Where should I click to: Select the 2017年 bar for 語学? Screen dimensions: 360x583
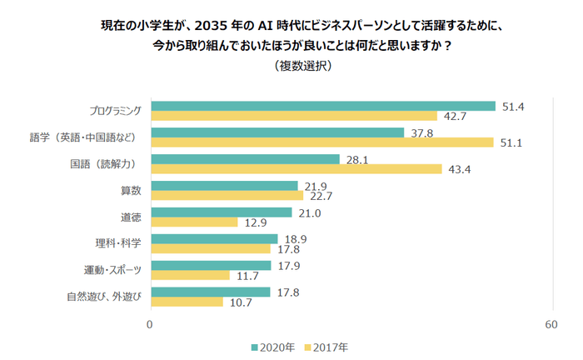(321, 142)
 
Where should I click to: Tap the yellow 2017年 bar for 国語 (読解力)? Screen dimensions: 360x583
(295, 169)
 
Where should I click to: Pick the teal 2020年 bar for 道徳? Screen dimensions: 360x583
(220, 212)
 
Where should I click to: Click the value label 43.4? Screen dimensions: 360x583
(460, 169)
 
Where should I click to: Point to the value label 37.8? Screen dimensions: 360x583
(421, 132)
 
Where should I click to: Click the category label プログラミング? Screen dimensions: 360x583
(116, 111)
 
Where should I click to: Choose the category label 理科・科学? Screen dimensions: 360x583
(118, 243)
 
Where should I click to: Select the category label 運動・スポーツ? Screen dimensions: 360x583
(113, 270)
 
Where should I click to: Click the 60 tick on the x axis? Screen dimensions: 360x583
(551, 323)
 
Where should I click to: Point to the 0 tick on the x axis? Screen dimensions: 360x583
(150, 323)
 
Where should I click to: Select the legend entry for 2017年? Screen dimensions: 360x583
(326, 346)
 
